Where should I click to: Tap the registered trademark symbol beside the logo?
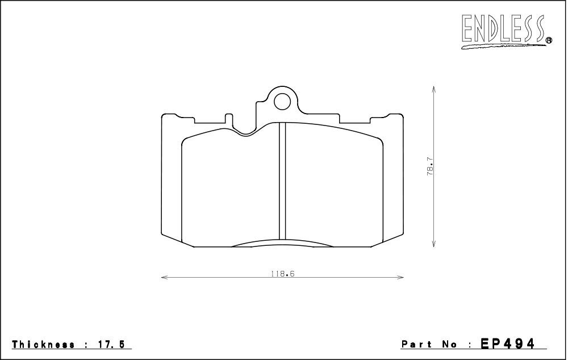549,40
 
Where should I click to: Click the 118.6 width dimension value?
282,274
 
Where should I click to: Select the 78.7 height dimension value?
430,166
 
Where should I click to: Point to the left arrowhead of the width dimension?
164,278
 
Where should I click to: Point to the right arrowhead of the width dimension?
401,278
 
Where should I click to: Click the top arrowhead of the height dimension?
433,89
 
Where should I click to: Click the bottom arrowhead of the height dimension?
433,244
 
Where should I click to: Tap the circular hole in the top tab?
282,102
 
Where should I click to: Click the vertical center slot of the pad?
282,181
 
